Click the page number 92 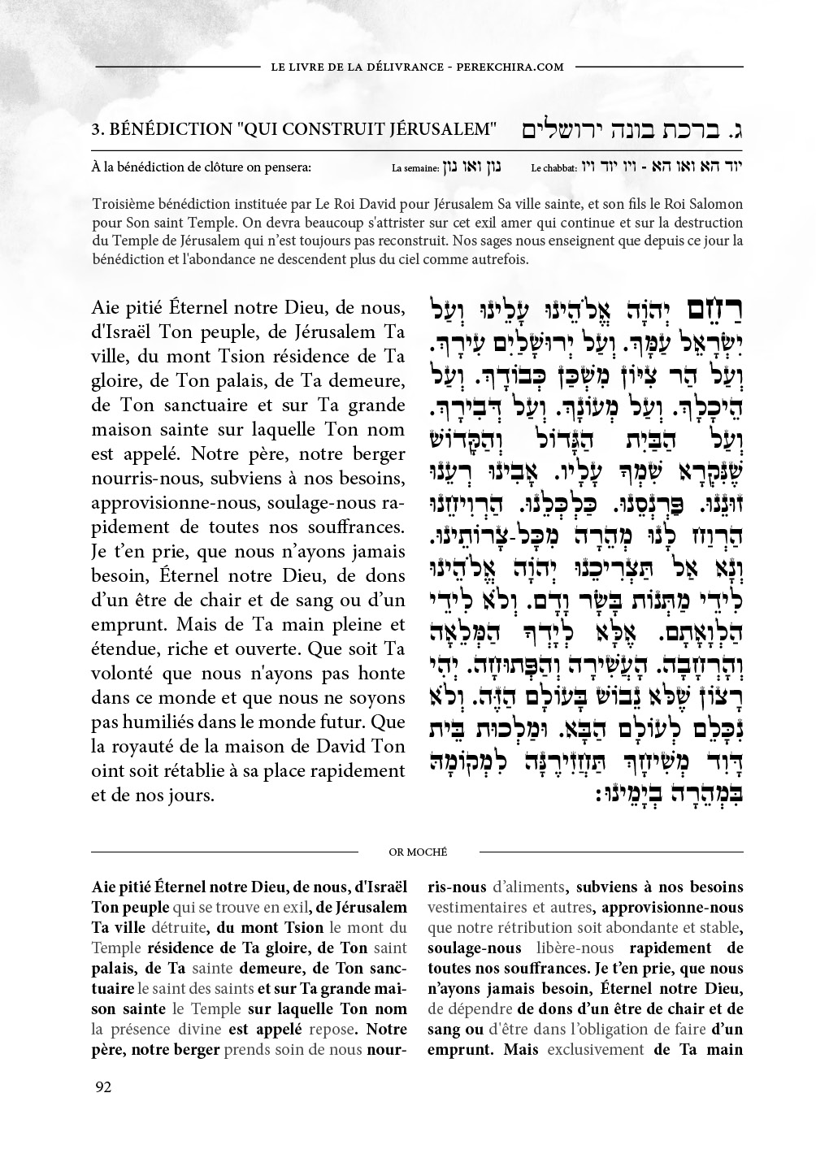click(103, 1087)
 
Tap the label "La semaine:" click(415, 170)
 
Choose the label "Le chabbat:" click(553, 170)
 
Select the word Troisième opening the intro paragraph click(124, 204)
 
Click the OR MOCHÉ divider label click(418, 852)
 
